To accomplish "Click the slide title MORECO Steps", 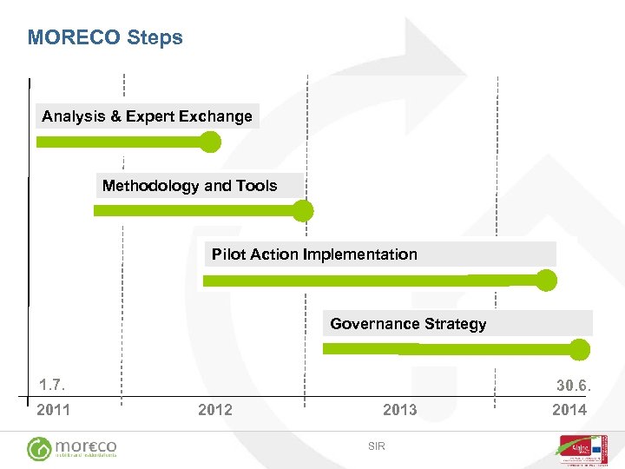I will click(105, 37).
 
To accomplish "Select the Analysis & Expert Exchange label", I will click(147, 116).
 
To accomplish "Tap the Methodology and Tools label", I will click(189, 186).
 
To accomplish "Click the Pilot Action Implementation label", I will click(314, 254).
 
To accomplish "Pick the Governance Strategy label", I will click(408, 324).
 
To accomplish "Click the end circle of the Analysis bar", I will click(210, 142).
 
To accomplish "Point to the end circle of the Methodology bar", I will click(302, 210).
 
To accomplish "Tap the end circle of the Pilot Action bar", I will click(546, 280).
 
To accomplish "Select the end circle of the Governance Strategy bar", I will click(580, 349).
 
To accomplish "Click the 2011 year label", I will click(53, 410).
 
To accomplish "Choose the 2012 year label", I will click(214, 410).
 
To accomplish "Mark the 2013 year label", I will click(399, 410).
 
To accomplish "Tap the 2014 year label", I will click(569, 410).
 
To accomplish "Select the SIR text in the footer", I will click(376, 446).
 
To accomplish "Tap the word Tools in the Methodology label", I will click(258, 186).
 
